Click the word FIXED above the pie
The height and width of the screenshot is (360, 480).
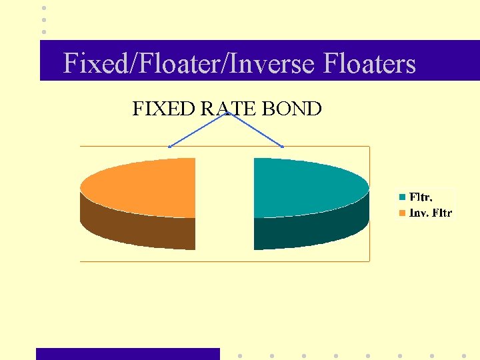(x=164, y=108)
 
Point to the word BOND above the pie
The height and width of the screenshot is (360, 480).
(x=292, y=108)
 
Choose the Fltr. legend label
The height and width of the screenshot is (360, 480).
(x=421, y=197)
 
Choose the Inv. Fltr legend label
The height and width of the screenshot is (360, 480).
(x=430, y=213)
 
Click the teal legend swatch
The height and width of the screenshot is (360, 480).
(x=403, y=197)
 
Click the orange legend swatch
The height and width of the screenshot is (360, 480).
(x=403, y=213)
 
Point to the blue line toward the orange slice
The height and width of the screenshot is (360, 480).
(x=198, y=130)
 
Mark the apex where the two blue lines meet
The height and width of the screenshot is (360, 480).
(x=227, y=113)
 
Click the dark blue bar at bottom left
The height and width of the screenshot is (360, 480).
(x=127, y=354)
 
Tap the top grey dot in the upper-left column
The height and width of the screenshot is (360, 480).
(x=44, y=8)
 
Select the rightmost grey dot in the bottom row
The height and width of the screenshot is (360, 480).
(x=463, y=355)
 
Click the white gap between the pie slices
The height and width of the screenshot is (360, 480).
(x=225, y=200)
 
